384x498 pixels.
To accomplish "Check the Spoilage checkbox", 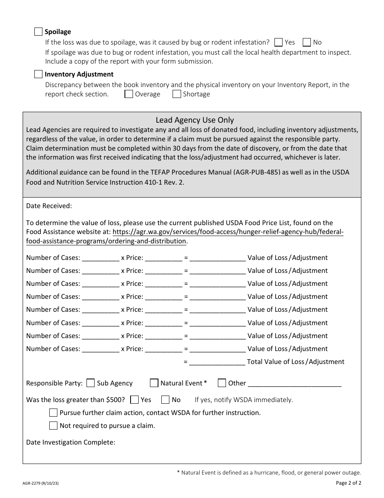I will tap(38, 32).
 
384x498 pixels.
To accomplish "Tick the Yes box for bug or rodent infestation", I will tap(278, 42).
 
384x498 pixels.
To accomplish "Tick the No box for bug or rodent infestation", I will tap(307, 42).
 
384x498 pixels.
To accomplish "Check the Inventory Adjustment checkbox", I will tap(38, 74).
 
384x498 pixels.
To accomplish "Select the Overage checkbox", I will tap(129, 94).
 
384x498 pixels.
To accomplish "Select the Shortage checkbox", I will tap(177, 94).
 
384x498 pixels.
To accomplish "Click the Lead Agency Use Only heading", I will tap(195, 120).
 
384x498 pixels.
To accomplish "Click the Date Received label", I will tap(49, 206).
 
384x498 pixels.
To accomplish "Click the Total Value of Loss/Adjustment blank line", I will tap(217, 362).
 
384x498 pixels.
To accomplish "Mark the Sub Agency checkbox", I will tap(91, 383).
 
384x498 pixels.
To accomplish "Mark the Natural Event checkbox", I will tap(154, 383).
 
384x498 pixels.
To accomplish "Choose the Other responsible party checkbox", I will tap(222, 383).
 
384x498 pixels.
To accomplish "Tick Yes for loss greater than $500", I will tap(135, 400).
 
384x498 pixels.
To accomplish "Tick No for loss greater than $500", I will tap(165, 400).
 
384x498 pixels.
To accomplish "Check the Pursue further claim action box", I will tap(53, 413).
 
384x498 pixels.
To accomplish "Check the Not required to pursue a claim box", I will tap(53, 426).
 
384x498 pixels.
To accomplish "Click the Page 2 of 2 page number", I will tap(348, 483).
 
